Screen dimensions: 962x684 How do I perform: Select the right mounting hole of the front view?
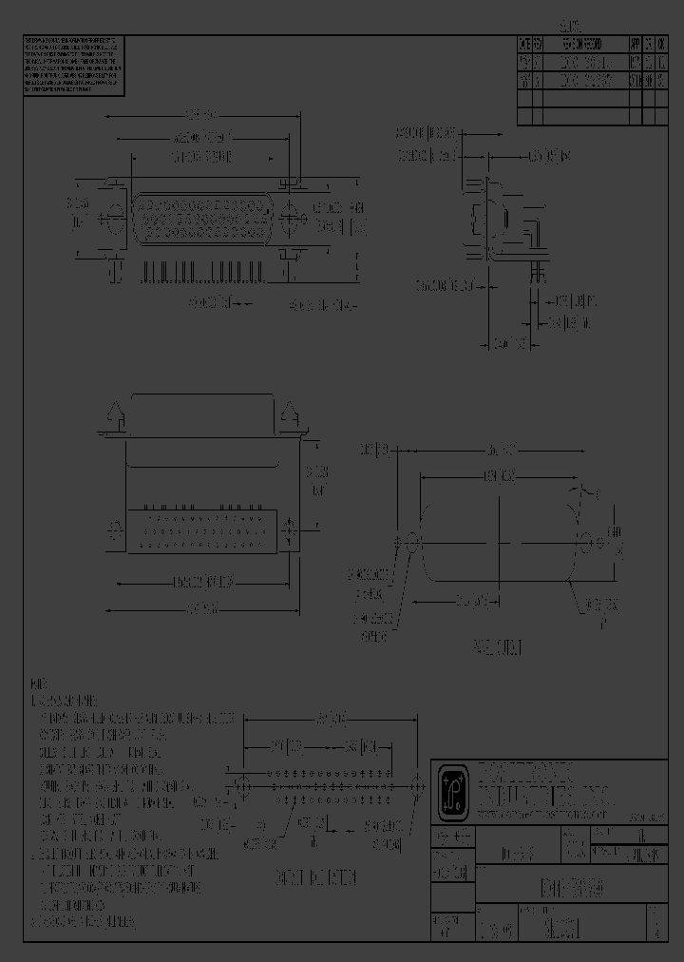pyautogui.click(x=291, y=216)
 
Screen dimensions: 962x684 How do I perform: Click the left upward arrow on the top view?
pyautogui.click(x=116, y=414)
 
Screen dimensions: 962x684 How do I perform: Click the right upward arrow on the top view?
pyautogui.click(x=289, y=414)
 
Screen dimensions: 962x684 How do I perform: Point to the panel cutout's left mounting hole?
pyautogui.click(x=411, y=544)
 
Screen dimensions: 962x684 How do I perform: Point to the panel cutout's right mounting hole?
pyautogui.click(x=585, y=544)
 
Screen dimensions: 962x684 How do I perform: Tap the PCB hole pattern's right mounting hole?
pyautogui.click(x=416, y=786)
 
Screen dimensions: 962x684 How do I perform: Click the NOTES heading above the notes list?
pyautogui.click(x=39, y=683)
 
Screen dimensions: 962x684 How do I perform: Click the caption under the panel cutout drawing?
pyautogui.click(x=498, y=647)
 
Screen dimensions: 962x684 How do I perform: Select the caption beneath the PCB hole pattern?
pyautogui.click(x=314, y=877)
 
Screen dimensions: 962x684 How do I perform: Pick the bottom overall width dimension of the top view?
pyautogui.click(x=207, y=606)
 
